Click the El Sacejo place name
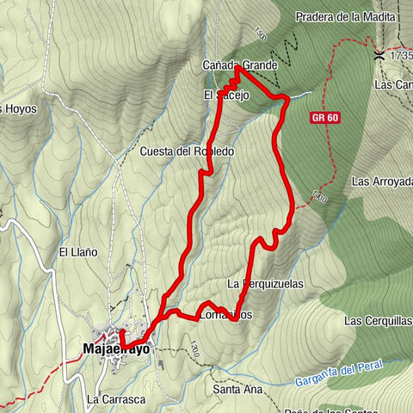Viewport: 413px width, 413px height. tap(226, 95)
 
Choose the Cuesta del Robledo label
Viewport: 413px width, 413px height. tap(187, 151)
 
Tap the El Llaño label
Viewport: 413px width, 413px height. tap(77, 252)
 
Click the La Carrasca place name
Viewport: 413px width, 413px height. tap(115, 399)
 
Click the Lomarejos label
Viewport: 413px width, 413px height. tap(225, 314)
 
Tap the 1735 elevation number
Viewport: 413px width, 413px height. tap(402, 55)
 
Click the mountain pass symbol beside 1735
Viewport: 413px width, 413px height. tap(379, 55)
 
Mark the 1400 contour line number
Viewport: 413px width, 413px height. tap(320, 199)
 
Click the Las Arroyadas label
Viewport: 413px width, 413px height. tap(382, 182)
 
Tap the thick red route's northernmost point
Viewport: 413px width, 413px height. tap(237, 68)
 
